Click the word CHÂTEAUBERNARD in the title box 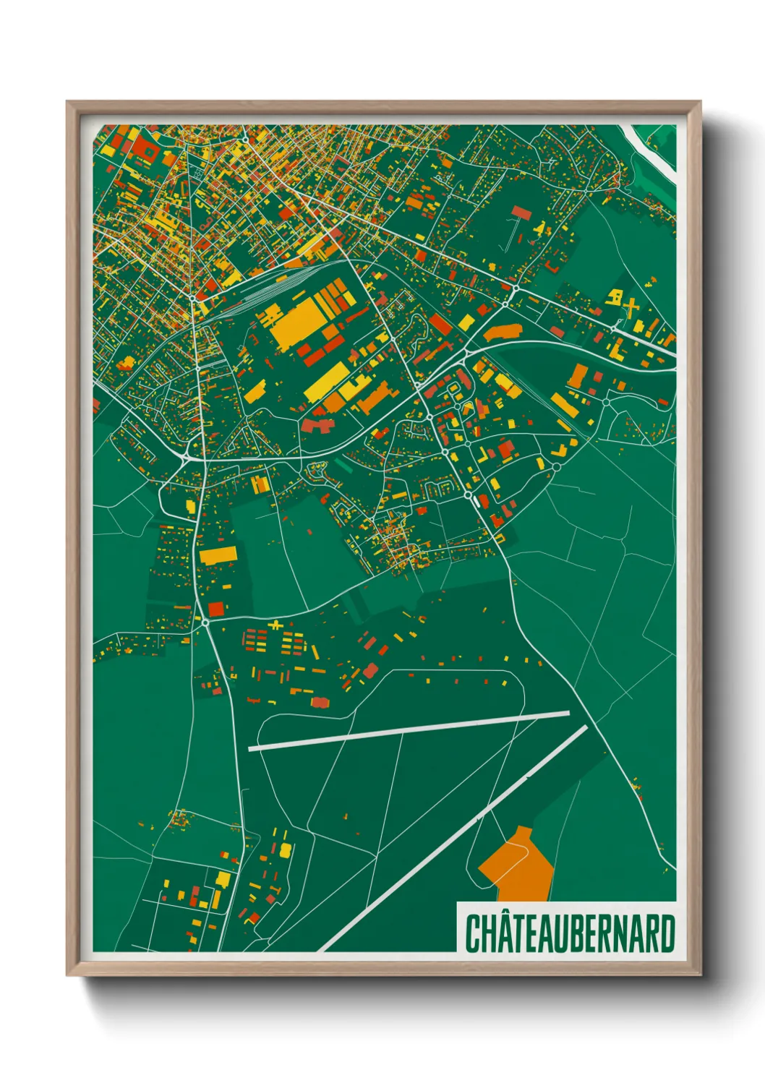click(x=570, y=933)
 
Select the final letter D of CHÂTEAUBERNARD click(x=667, y=933)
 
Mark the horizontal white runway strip click(x=409, y=732)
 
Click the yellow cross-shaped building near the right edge click(x=631, y=308)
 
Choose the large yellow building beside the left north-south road click(x=218, y=555)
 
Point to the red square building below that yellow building click(x=216, y=608)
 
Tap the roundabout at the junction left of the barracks click(x=205, y=621)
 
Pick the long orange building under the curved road click(x=503, y=333)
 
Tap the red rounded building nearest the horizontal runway click(x=320, y=702)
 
